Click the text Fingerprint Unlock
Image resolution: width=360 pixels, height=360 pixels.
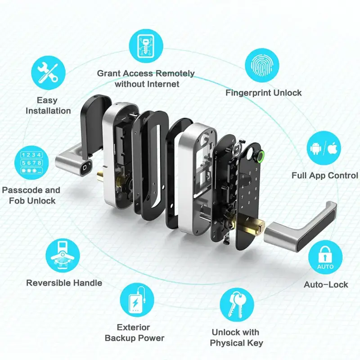(x=263, y=93)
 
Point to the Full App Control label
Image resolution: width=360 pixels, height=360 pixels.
(x=324, y=175)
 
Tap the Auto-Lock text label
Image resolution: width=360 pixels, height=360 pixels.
(x=326, y=284)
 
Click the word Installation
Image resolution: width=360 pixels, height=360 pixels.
(x=48, y=111)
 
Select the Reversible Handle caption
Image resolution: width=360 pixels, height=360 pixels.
(x=64, y=283)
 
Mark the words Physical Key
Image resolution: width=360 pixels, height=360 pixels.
(x=236, y=343)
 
